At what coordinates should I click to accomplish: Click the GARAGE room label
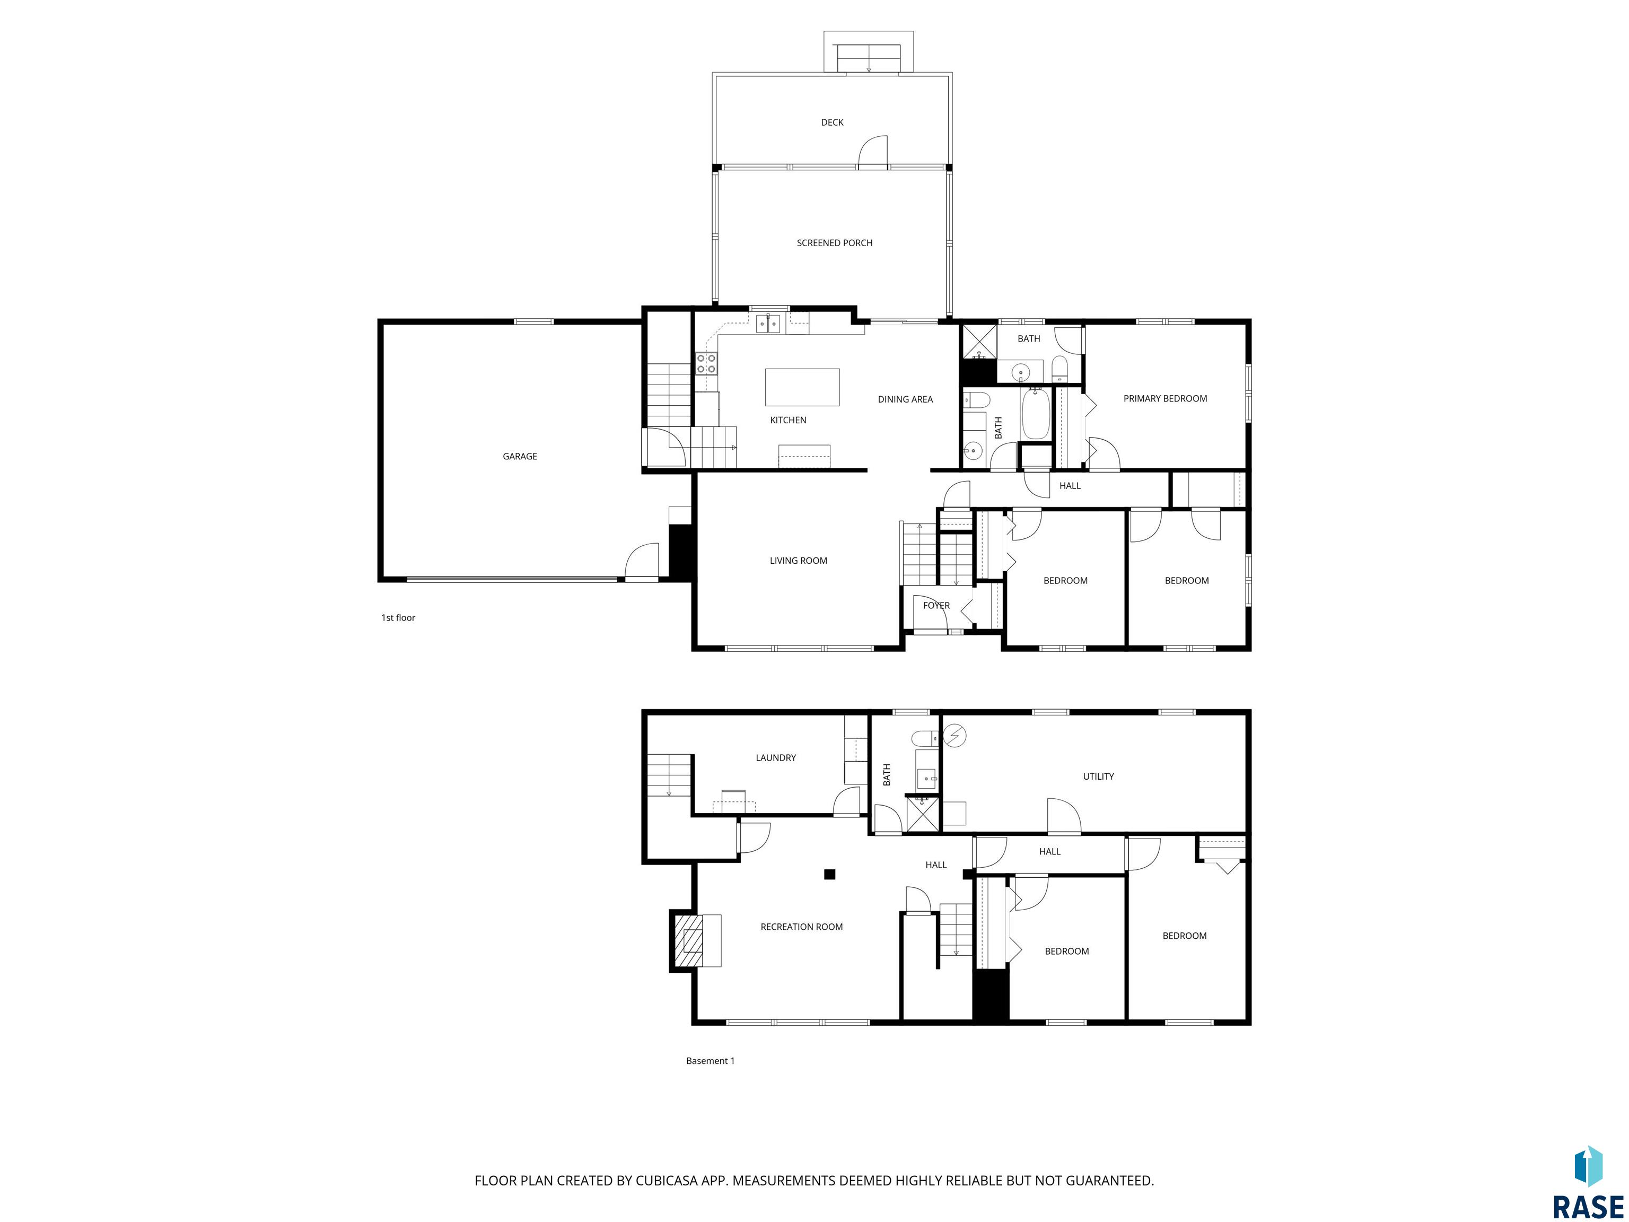coord(519,457)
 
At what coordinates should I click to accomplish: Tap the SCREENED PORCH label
coord(834,243)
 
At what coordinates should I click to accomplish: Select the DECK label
coord(832,123)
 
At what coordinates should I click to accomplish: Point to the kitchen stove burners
coord(706,362)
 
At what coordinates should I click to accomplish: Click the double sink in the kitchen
coord(769,324)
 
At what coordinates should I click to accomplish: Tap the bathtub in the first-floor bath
coord(1035,413)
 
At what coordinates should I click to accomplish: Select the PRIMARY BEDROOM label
coord(1165,398)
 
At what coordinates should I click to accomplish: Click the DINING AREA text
coord(905,399)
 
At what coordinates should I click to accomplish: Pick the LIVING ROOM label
coord(798,561)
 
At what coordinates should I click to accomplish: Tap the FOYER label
coord(936,606)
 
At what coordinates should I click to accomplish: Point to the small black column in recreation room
coord(829,874)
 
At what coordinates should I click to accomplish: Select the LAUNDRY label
coord(775,758)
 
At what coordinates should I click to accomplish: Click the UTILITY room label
coord(1098,776)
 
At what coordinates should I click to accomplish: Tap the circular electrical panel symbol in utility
coord(955,735)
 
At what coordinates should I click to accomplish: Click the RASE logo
coord(1589,1182)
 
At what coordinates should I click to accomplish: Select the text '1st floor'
coord(398,618)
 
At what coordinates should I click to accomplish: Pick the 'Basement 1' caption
coord(710,1061)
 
